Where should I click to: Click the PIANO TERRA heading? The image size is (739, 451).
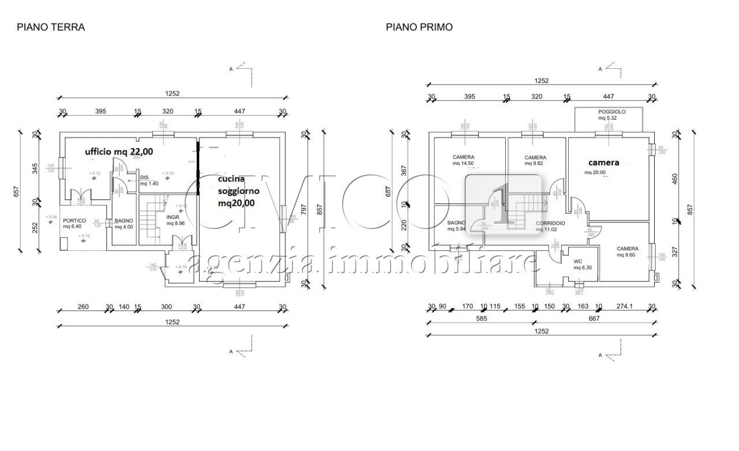(51, 27)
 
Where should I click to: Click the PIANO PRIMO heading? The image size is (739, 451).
(419, 27)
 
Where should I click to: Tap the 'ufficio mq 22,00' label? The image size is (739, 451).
(119, 151)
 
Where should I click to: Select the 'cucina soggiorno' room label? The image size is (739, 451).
(238, 191)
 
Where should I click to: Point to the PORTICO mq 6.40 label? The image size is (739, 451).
(74, 223)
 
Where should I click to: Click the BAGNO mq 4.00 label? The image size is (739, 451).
(124, 223)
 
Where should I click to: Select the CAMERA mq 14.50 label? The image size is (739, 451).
(464, 160)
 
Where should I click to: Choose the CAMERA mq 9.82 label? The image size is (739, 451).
(535, 160)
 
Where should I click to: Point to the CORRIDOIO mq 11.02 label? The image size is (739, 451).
(550, 226)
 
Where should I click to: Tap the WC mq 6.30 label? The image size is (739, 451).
(578, 264)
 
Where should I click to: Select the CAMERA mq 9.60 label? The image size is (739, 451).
(627, 252)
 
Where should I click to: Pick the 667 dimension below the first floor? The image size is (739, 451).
(594, 318)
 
